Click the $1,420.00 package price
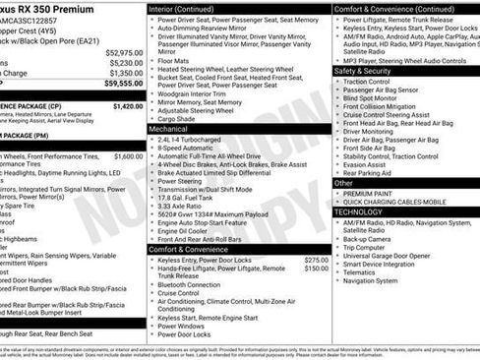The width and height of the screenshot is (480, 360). tap(127, 105)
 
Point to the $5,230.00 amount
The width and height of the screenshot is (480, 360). tap(125, 62)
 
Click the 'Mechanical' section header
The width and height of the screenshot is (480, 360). tap(168, 129)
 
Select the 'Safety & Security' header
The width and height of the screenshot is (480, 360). tap(363, 72)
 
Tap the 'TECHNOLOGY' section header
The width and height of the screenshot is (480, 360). tap(359, 211)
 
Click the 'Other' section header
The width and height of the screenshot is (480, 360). tap(343, 183)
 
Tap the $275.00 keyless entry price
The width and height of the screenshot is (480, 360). tap(316, 260)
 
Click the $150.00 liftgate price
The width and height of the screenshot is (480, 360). tap(316, 269)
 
